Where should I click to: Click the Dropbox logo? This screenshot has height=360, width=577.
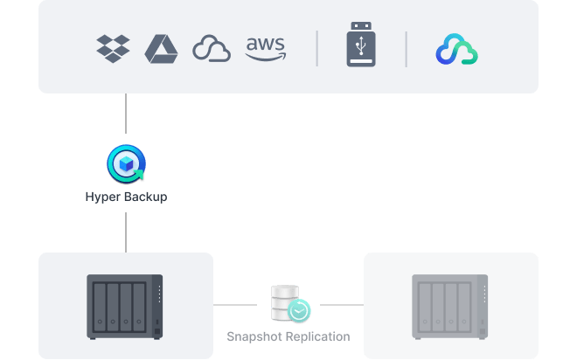pyautogui.click(x=113, y=48)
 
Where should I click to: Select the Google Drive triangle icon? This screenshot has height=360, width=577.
pyautogui.click(x=161, y=48)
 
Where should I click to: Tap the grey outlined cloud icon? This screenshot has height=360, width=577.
pyautogui.click(x=211, y=49)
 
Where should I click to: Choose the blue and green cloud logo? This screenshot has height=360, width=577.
pyautogui.click(x=456, y=50)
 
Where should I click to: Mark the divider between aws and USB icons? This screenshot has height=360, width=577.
pyautogui.click(x=316, y=49)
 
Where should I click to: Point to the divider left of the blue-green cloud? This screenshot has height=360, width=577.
pyautogui.click(x=406, y=49)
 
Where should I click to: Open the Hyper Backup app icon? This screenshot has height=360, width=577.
pyautogui.click(x=126, y=164)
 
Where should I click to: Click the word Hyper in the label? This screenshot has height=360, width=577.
pyautogui.click(x=101, y=197)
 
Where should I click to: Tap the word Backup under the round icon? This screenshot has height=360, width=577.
pyautogui.click(x=143, y=197)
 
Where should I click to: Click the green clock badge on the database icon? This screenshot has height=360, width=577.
pyautogui.click(x=300, y=310)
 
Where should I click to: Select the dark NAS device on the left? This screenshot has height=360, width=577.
pyautogui.click(x=125, y=306)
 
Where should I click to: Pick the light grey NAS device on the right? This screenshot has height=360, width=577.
pyautogui.click(x=450, y=306)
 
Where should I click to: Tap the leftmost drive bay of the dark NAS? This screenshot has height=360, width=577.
pyautogui.click(x=99, y=306)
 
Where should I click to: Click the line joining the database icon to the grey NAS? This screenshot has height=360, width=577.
pyautogui.click(x=337, y=305)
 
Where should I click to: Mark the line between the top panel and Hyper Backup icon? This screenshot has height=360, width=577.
pyautogui.click(x=126, y=118)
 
